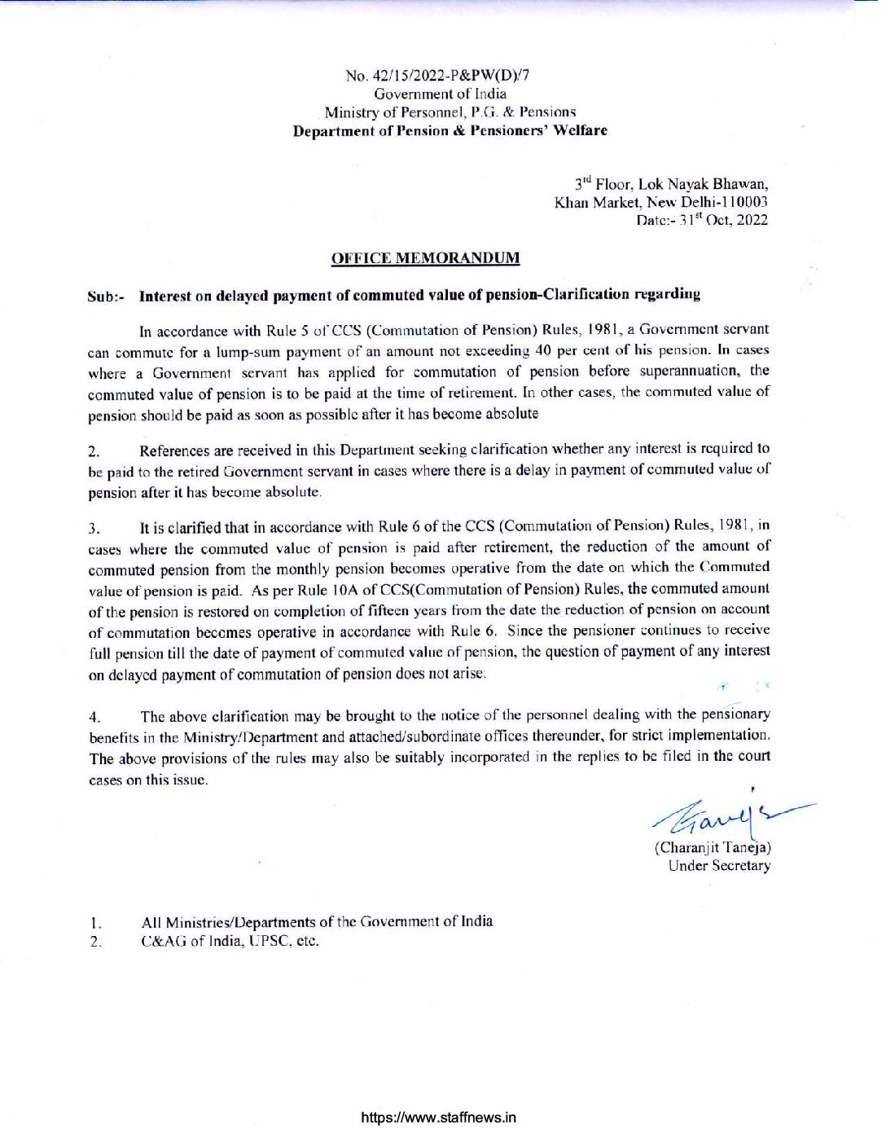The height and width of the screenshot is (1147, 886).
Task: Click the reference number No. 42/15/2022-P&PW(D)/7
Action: [437, 76]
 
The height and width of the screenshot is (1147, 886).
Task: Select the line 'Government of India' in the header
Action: [440, 94]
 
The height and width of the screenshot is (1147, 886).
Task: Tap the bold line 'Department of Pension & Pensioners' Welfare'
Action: [450, 130]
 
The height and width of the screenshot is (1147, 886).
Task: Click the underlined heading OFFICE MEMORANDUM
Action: [425, 259]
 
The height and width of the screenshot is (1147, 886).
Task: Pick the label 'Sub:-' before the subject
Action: [106, 296]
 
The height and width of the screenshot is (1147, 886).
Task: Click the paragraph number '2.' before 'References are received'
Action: [94, 451]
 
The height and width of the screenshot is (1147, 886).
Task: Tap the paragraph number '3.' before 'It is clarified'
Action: [94, 529]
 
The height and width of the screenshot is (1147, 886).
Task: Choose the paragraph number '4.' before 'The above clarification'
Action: [94, 718]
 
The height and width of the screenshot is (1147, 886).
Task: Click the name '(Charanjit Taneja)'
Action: [713, 847]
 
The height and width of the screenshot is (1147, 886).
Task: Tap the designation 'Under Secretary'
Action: [719, 866]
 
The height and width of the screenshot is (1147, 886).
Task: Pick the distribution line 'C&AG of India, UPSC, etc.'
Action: [230, 941]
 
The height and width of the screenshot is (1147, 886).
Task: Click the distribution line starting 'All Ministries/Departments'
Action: [317, 921]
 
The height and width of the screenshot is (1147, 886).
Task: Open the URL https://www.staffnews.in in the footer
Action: [438, 1118]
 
